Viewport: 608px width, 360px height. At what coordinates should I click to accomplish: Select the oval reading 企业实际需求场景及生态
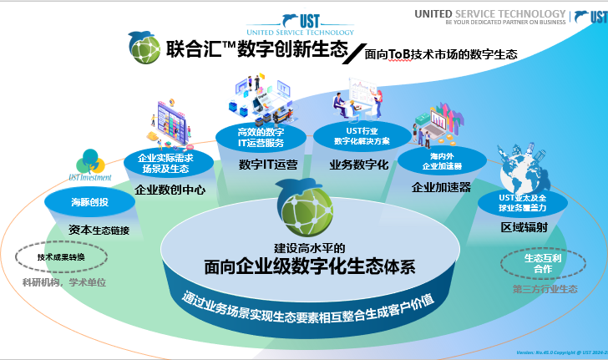[x=165, y=161]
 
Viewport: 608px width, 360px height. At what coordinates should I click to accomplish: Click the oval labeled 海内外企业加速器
[x=441, y=160]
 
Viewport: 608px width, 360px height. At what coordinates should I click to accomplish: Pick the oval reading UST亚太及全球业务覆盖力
[x=516, y=200]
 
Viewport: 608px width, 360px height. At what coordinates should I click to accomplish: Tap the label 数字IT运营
[x=268, y=164]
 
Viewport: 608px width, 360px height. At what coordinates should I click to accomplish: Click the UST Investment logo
[x=89, y=165]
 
